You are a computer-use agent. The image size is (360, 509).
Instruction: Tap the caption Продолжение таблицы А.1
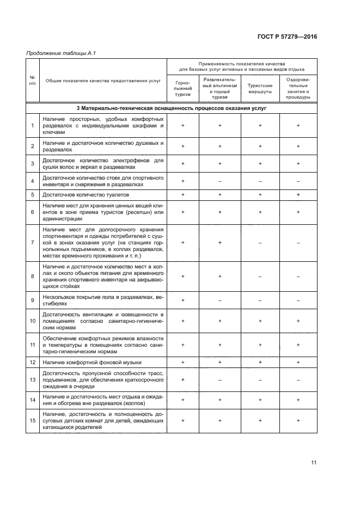coord(57,53)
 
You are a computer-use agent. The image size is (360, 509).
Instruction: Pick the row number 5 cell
coord(33,194)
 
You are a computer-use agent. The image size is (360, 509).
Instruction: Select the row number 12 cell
coord(33,362)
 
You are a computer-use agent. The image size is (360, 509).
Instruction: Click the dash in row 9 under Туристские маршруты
coord(260,300)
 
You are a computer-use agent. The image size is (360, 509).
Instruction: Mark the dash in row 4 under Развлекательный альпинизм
coord(220,181)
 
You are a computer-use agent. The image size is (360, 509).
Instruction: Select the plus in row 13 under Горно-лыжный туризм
coord(183,379)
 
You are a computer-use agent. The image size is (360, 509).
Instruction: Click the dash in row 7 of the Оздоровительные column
coord(298,242)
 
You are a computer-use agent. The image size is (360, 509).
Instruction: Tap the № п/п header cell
coord(33,80)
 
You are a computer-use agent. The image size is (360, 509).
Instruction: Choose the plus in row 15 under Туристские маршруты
coord(260,420)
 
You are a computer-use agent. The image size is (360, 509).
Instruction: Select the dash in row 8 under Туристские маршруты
coord(260,276)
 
